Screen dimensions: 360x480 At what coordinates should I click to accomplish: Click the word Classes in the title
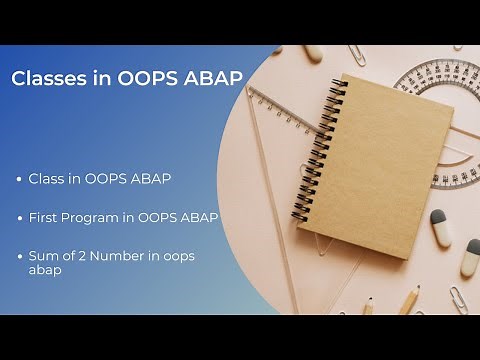click(46, 80)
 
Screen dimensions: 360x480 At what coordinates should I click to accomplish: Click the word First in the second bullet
click(45, 218)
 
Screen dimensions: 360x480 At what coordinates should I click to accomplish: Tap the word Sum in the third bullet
click(44, 256)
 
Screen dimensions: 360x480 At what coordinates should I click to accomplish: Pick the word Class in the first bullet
click(47, 179)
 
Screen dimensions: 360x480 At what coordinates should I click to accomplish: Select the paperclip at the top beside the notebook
click(357, 55)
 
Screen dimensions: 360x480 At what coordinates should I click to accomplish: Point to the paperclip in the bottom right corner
click(457, 298)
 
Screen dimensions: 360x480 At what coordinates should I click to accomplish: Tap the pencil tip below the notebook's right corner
click(409, 299)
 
